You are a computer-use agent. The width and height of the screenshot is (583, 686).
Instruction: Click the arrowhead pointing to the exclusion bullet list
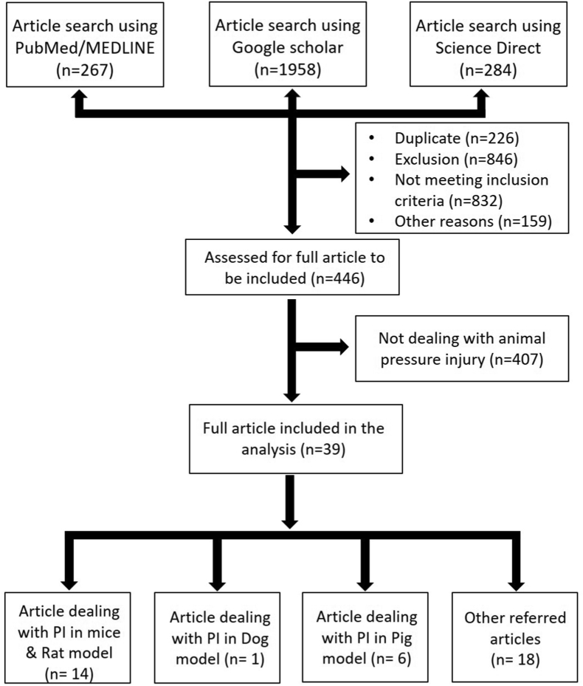(x=345, y=175)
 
